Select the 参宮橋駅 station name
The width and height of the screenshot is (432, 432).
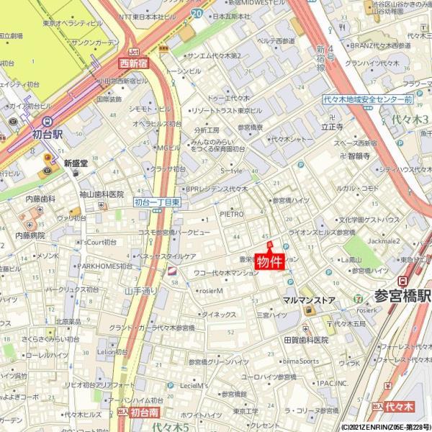point(402,296)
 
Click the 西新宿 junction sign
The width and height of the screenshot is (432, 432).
point(133,63)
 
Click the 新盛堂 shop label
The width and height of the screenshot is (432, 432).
point(76,163)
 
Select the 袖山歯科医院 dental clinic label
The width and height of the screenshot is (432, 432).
point(102,194)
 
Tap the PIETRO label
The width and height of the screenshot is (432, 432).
point(232,214)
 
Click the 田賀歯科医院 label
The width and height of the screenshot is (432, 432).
point(305,339)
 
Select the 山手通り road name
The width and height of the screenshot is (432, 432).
point(140,291)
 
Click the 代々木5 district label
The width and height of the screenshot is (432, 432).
point(170,427)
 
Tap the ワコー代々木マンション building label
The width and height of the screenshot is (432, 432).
point(226,274)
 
